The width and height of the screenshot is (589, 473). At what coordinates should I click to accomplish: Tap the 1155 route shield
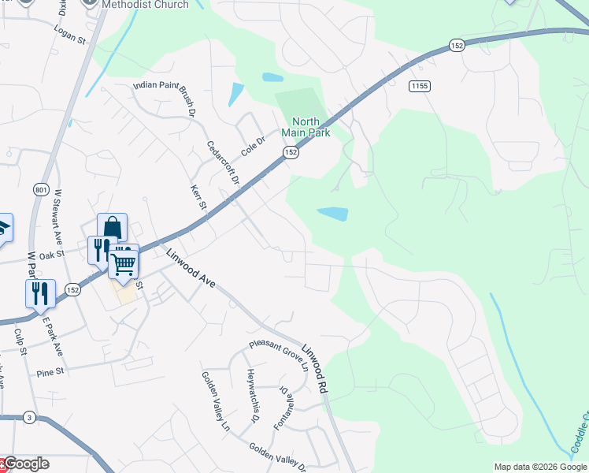point(419,85)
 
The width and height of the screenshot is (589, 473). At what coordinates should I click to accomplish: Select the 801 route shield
point(42,191)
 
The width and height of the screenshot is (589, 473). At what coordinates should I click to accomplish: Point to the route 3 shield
point(29,416)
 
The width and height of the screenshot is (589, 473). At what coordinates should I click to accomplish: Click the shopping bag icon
point(112,228)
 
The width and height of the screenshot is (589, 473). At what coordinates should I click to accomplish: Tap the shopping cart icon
point(124,262)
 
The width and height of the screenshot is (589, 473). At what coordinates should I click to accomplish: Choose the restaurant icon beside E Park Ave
point(40,293)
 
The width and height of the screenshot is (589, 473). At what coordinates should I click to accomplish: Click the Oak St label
point(51,255)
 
